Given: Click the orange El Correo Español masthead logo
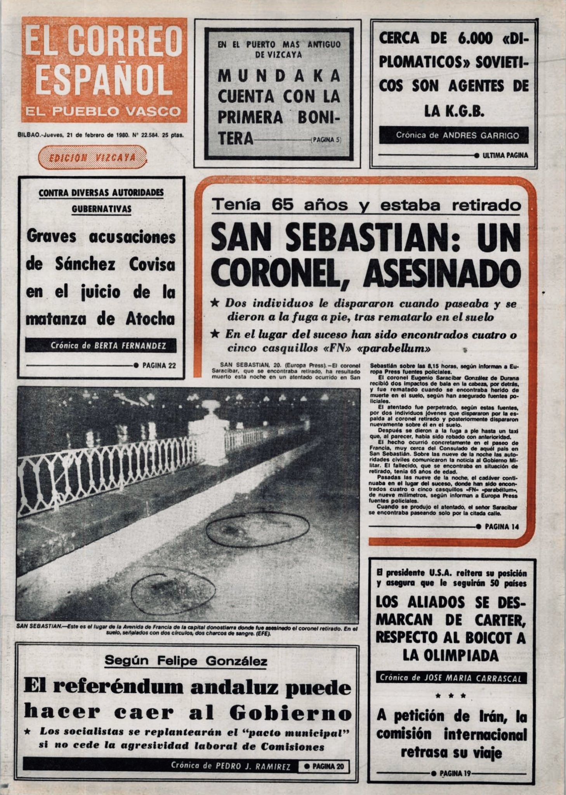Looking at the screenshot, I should coord(104,70).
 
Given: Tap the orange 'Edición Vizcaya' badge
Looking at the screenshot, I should coord(92,157).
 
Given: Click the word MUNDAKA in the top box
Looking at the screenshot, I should coord(279,76).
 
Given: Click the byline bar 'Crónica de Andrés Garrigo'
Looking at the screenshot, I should coord(454,135).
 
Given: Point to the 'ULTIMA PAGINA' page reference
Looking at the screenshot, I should coord(505,155).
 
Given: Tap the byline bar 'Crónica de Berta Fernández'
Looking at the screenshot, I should coord(101,345).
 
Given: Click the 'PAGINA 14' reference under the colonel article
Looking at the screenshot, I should coord(502,527).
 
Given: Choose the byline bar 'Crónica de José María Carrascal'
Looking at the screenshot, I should coord(451,678).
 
